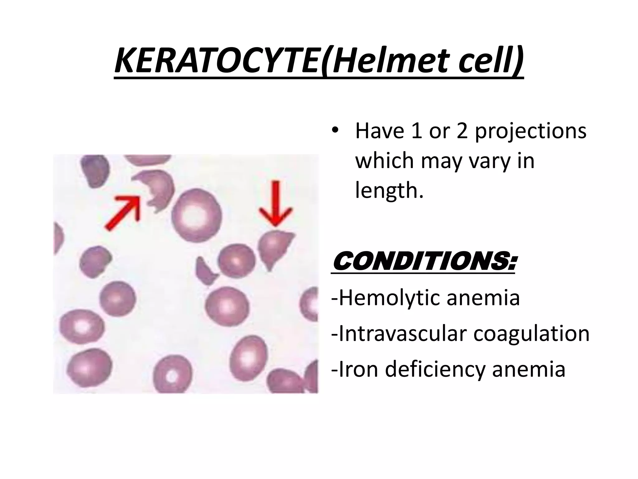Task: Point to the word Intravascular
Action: (x=402, y=334)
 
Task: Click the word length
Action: (x=389, y=191)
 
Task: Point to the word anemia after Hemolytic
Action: (x=483, y=298)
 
